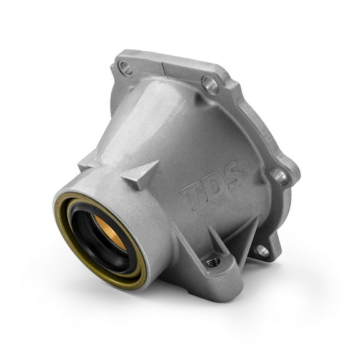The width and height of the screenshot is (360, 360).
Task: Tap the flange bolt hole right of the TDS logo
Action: coord(279,176)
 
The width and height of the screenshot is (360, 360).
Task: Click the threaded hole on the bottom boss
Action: coord(214,261)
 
